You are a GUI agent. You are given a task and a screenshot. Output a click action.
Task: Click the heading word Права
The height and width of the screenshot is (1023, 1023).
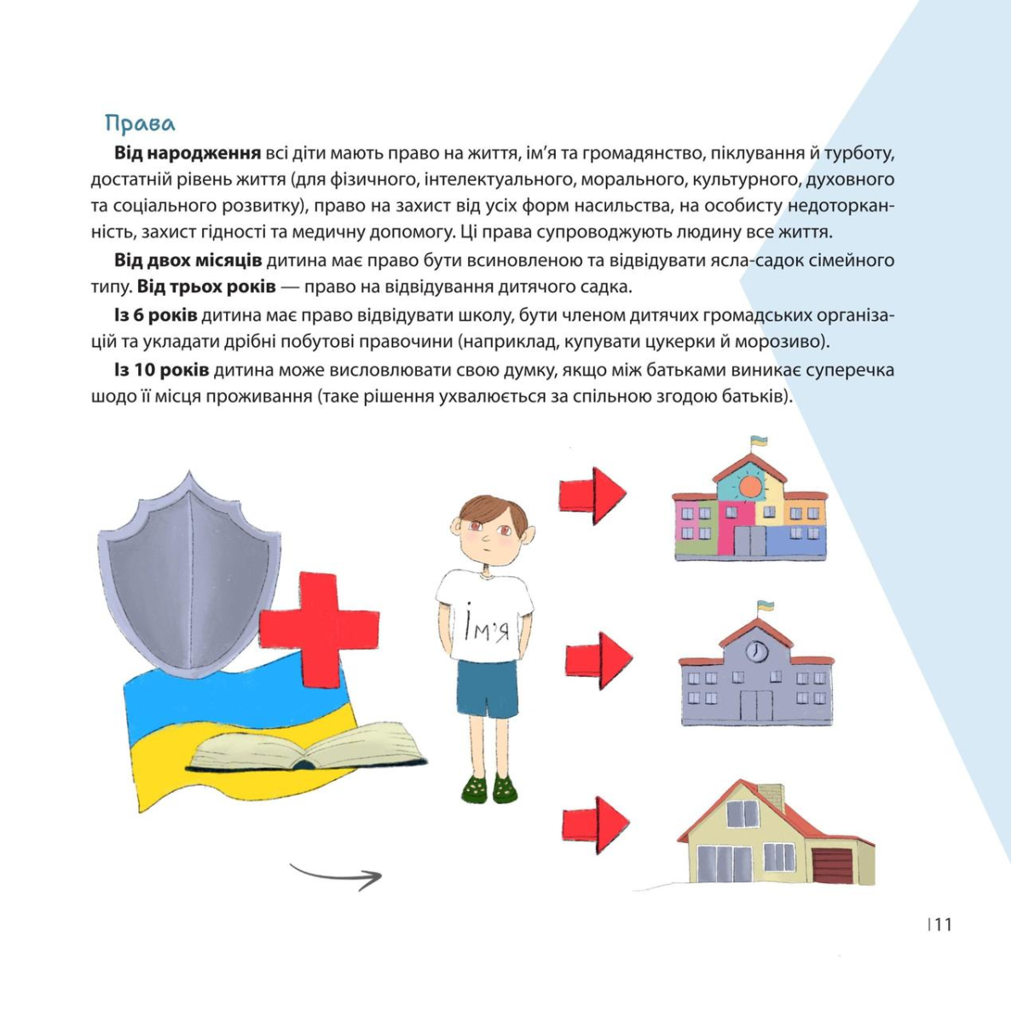coord(140,124)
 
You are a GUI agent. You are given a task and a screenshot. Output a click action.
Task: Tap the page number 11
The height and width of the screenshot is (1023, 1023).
coord(942,924)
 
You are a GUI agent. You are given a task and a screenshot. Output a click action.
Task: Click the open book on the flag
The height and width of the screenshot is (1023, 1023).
coord(307,749)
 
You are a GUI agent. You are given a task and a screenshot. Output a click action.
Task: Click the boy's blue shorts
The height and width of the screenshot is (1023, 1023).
coord(488,688)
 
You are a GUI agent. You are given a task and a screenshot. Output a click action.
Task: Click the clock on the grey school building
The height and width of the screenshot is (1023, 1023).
coord(756,652)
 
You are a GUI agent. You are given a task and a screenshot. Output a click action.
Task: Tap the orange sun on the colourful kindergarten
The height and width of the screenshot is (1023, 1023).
coord(750,487)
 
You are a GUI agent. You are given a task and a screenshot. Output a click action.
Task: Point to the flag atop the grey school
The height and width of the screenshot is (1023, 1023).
coord(766,606)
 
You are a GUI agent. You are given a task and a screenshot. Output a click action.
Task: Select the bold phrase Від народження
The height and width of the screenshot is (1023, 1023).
coord(188,153)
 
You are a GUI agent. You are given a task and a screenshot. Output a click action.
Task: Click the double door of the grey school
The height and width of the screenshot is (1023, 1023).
coord(755,706)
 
